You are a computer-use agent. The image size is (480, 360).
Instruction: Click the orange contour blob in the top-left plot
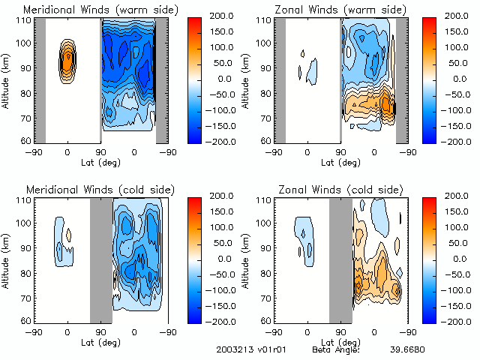[x=67, y=60]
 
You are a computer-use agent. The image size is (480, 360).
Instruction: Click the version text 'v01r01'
[x=274, y=349]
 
